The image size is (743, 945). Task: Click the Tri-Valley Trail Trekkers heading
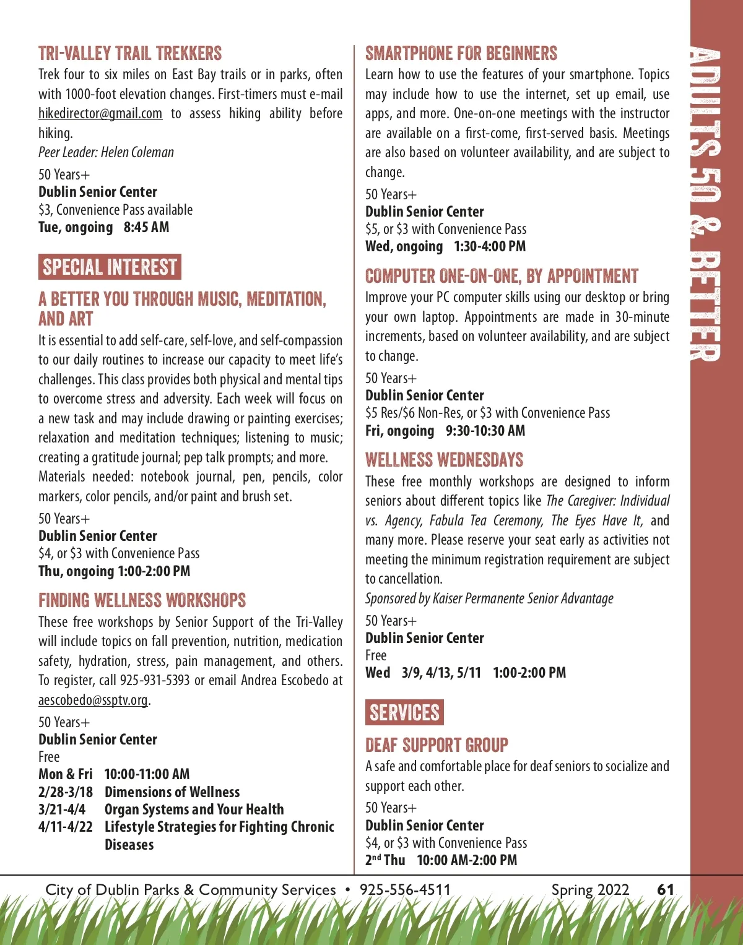130,54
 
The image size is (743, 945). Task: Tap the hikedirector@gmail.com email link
100,114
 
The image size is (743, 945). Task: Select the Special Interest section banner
110,267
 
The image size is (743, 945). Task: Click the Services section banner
404,712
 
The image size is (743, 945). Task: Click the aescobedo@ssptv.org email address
93,700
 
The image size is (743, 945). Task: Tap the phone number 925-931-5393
155,680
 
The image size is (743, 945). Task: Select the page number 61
666,889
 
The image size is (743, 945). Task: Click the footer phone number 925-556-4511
406,889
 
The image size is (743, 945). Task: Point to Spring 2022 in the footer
590,889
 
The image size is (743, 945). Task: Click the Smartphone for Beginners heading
461,54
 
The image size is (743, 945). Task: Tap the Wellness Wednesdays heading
444,460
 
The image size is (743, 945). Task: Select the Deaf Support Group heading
437,744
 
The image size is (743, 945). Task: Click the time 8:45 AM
146,227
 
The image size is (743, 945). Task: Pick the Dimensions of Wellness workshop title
172,792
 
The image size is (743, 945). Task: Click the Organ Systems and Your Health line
194,809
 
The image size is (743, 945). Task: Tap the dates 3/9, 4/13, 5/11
441,673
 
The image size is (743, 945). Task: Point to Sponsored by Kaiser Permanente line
489,598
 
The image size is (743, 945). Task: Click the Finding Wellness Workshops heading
142,600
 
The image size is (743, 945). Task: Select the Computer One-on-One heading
502,276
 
